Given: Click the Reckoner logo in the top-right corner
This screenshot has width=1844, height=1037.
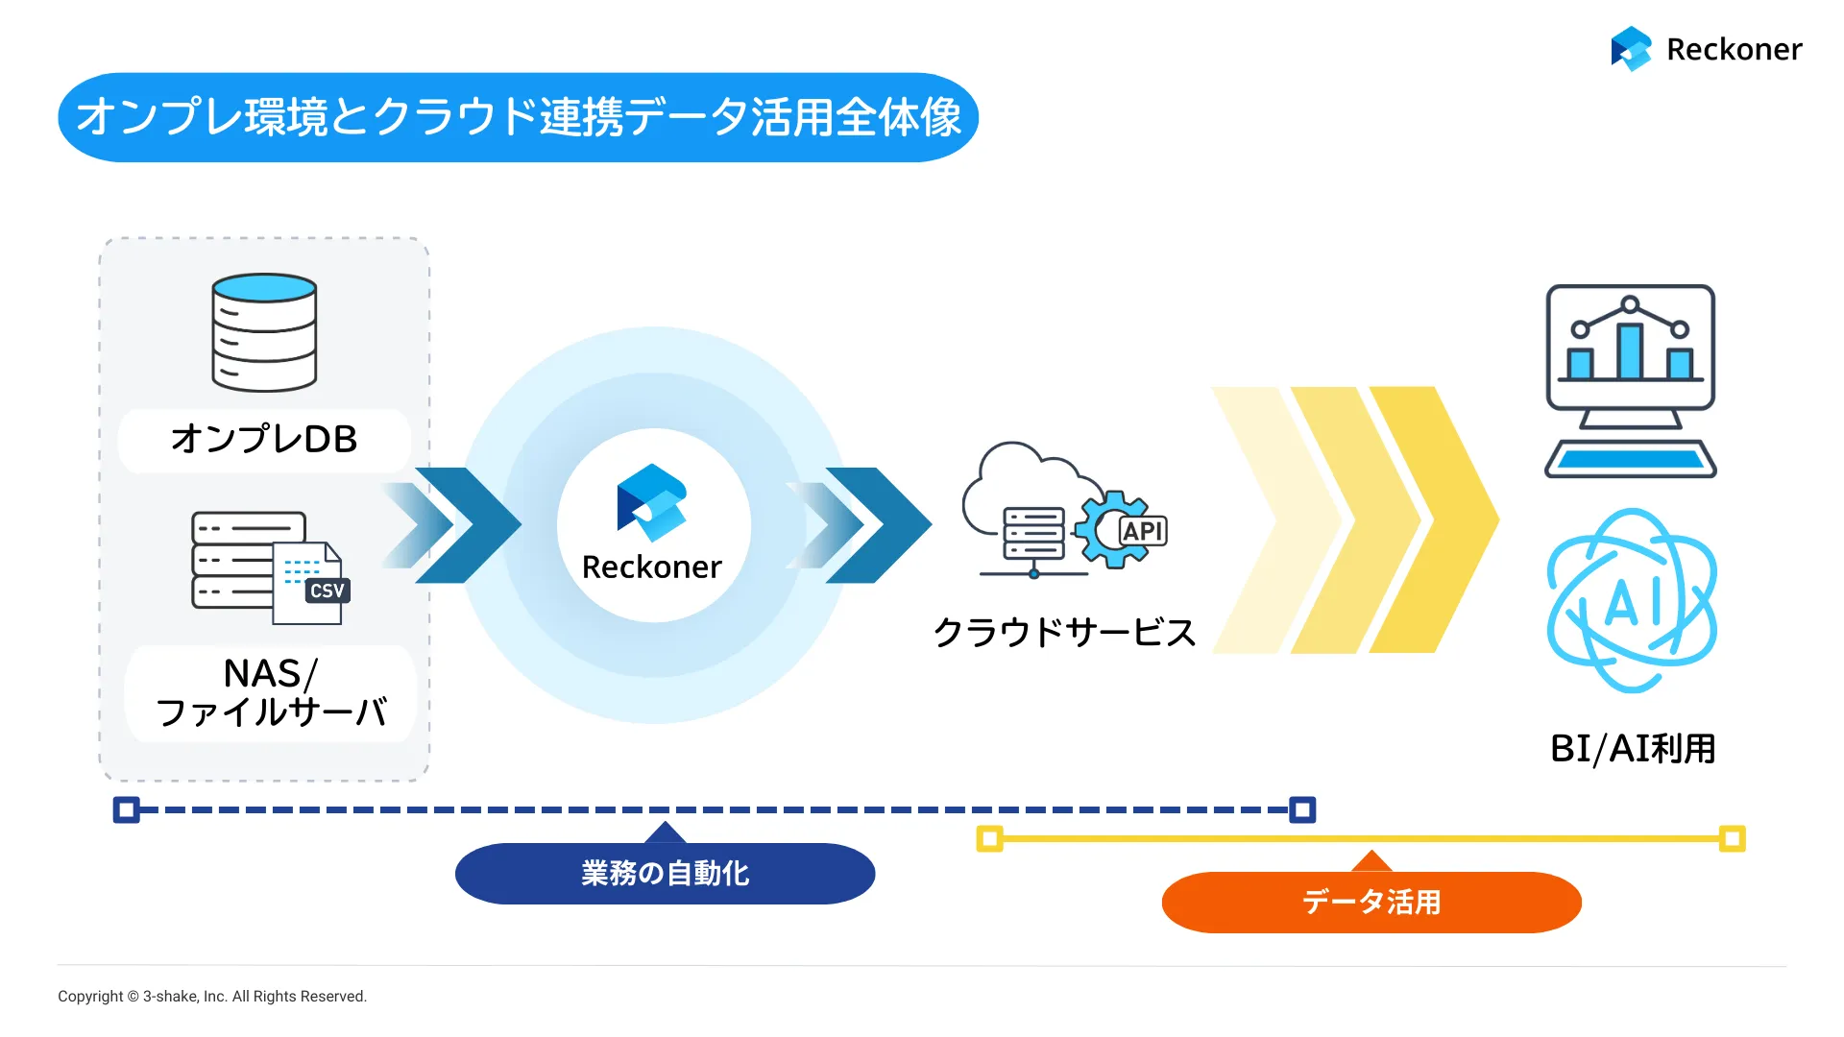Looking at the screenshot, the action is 1707,49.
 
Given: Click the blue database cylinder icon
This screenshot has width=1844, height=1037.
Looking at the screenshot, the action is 264,332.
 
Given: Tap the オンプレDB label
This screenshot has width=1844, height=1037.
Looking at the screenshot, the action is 264,439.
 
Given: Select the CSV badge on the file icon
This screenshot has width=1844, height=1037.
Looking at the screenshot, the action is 328,591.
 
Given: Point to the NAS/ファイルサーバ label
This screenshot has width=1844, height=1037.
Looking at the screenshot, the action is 271,692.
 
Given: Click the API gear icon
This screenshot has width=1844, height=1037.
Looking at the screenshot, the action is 1120,529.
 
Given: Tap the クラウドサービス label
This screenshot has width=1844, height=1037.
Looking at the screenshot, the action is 1064,632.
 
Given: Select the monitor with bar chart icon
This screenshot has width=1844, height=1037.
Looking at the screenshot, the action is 1631,381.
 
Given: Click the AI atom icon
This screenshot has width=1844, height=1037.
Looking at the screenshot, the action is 1632,601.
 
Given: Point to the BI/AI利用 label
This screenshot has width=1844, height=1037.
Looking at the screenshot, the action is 1633,749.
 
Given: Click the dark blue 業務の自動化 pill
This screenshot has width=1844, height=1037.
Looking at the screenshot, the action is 665,873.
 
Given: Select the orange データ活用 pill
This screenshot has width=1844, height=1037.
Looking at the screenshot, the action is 1371,902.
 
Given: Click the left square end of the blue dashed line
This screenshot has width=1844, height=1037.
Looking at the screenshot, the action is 126,809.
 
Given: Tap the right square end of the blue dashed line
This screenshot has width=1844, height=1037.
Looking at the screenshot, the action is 1302,809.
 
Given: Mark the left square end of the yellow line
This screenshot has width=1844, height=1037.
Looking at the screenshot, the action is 989,838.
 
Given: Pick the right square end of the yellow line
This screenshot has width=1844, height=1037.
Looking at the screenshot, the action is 1733,838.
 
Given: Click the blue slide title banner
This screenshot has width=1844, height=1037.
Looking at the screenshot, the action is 519,117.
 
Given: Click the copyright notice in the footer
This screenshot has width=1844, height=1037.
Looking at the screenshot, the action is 212,997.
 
